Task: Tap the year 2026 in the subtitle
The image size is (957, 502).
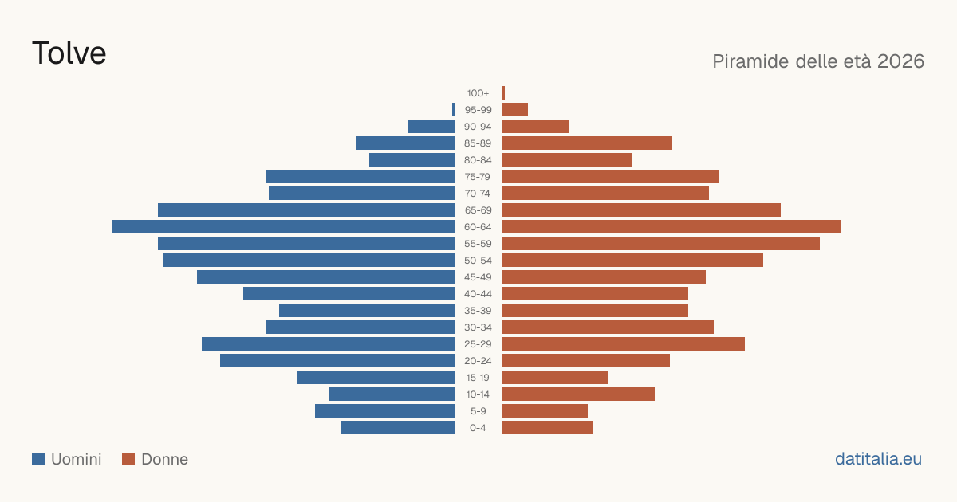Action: [x=900, y=61]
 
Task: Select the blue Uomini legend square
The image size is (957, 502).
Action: [x=38, y=459]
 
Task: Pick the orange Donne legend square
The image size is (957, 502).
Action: [x=128, y=459]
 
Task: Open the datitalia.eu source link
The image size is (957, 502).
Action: [x=878, y=459]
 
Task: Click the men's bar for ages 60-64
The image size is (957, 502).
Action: [x=283, y=226]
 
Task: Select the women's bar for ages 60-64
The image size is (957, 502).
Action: [x=671, y=226]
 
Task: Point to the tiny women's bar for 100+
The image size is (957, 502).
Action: [x=504, y=92]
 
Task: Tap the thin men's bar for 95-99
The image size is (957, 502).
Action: [x=453, y=110]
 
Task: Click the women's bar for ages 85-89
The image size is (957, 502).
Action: [x=587, y=143]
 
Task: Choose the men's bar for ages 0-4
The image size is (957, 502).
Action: [x=398, y=427]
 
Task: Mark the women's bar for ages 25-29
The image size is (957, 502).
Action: [x=624, y=343]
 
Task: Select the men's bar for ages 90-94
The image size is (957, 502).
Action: [x=431, y=127]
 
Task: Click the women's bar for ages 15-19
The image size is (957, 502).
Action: [x=555, y=378]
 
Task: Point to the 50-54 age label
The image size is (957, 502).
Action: [x=478, y=261]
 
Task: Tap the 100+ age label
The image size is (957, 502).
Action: [x=478, y=93]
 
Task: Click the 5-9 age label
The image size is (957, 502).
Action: [x=478, y=411]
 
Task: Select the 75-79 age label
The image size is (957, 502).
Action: [x=478, y=177]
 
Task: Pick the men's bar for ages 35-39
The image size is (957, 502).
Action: [x=367, y=310]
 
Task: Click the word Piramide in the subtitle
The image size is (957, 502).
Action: [x=750, y=61]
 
